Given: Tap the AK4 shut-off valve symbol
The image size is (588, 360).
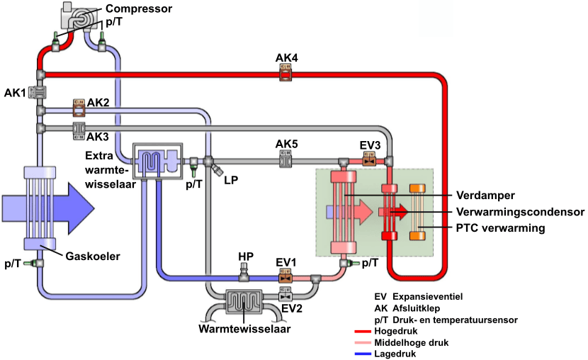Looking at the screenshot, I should click(x=285, y=71).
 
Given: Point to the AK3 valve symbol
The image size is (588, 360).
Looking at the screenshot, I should click(x=79, y=129).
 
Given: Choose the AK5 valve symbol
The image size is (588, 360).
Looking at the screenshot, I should click(x=286, y=162).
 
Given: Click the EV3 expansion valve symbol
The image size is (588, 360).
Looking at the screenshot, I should click(x=369, y=162).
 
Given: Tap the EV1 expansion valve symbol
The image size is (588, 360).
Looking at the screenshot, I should click(x=285, y=279).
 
